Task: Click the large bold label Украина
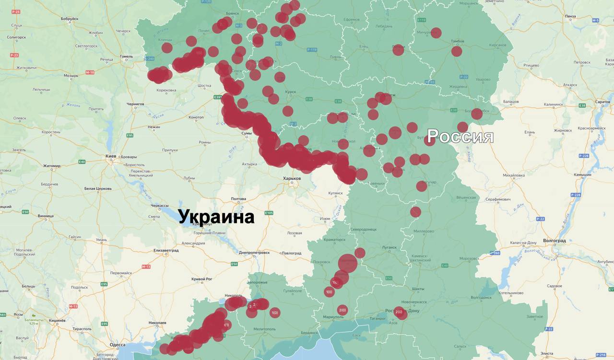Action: pyautogui.click(x=216, y=217)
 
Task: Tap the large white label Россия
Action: pyautogui.click(x=460, y=137)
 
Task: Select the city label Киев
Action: pyautogui.click(x=111, y=156)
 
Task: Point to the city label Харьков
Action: pyautogui.click(x=292, y=178)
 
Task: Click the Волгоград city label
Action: pyautogui.click(x=554, y=240)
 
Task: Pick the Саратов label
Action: pyautogui.click(x=602, y=102)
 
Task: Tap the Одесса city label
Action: pyautogui.click(x=117, y=345)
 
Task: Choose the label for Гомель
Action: pyautogui.click(x=127, y=56)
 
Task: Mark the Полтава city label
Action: pyautogui.click(x=238, y=198)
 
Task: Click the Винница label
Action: pyautogui.click(x=46, y=216)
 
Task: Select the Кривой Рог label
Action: pyautogui.click(x=201, y=279)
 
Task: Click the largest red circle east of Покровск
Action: pyautogui.click(x=348, y=263)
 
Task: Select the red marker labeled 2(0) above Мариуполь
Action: pyautogui.click(x=342, y=310)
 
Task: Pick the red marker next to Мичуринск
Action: pyautogui.click(x=436, y=33)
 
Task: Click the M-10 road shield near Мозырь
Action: pyautogui.click(x=90, y=72)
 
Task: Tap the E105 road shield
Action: pyautogui.click(x=269, y=213)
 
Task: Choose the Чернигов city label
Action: pyautogui.click(x=135, y=104)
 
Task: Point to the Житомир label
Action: pyautogui.click(x=52, y=166)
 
